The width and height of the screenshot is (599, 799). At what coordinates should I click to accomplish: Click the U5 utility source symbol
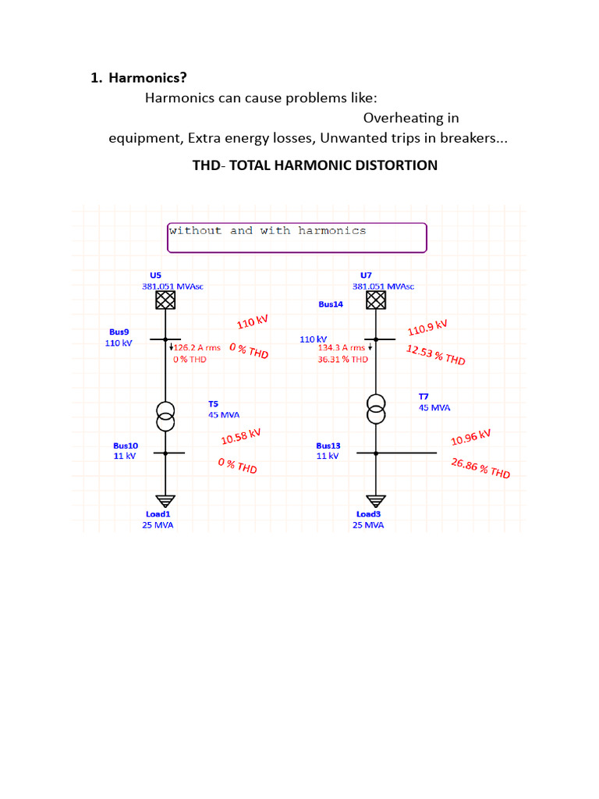(165, 300)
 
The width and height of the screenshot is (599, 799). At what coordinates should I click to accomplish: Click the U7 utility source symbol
(376, 300)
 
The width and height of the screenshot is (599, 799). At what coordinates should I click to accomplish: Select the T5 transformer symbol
(165, 417)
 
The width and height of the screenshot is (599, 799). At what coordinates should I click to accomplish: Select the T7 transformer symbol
(376, 409)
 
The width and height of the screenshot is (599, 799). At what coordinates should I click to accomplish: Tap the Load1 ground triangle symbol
(165, 501)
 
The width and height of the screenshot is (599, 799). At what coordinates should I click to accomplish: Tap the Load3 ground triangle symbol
(376, 501)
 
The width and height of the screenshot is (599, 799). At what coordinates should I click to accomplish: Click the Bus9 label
(119, 332)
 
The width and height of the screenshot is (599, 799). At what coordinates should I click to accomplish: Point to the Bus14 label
(331, 304)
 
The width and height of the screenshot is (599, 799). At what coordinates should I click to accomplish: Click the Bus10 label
(126, 446)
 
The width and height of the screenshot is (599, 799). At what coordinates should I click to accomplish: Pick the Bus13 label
(328, 446)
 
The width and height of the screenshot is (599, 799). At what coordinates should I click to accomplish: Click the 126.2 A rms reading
(197, 347)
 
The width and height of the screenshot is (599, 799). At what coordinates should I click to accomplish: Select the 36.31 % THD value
(343, 359)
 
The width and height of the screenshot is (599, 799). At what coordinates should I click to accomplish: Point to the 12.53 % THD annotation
(436, 355)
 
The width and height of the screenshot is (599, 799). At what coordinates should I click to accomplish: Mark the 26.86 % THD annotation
(480, 468)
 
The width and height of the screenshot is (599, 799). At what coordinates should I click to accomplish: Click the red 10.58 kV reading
(241, 437)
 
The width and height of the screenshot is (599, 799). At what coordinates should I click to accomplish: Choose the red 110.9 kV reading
(427, 328)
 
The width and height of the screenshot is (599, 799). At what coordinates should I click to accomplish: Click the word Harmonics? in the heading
(147, 78)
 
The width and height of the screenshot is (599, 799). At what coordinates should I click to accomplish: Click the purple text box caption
(268, 231)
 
